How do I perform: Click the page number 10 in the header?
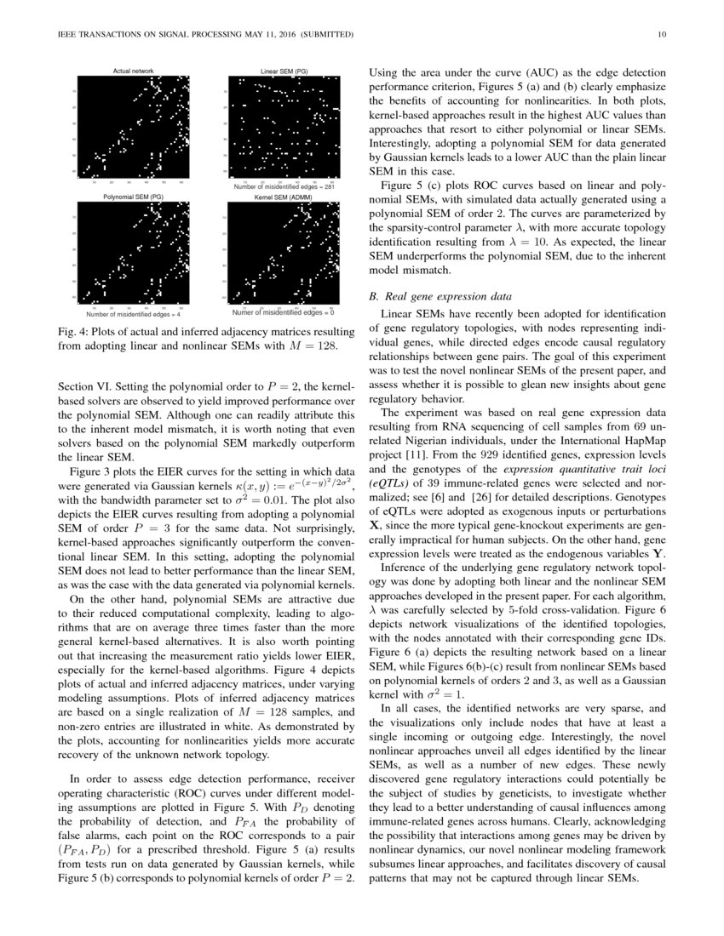point(662,35)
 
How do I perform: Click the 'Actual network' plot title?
point(134,71)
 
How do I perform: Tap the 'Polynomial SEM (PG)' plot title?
point(133,197)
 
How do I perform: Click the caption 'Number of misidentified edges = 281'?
point(284,185)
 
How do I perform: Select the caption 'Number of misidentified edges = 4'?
point(134,314)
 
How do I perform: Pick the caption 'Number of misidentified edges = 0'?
point(283,312)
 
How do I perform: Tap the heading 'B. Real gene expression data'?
point(439,297)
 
